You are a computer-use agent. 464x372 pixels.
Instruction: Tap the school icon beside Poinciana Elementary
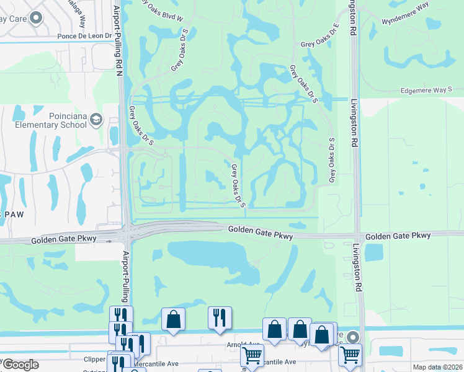coord(96,119)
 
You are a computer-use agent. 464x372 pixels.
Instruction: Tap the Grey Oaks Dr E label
coord(319,37)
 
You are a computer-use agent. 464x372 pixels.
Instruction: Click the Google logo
coord(20,365)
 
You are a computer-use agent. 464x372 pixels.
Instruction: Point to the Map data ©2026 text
coord(437,367)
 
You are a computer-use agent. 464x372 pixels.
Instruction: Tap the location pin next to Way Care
coord(37,18)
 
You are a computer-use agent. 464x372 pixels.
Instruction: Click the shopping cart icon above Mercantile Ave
coord(252,355)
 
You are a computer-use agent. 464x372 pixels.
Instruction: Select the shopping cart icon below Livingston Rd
coord(350,355)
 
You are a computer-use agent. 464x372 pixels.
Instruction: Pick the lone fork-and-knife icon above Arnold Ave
coord(220,317)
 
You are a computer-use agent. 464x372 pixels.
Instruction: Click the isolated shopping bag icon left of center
coord(174,319)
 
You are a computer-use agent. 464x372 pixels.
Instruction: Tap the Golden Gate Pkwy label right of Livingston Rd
coord(398,236)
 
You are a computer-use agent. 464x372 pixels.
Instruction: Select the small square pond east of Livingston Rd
coord(374,252)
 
